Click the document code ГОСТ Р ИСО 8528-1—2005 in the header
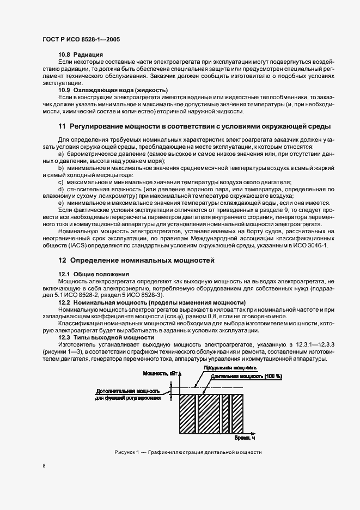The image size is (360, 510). [81, 40]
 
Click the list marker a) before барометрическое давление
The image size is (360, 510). [62, 154]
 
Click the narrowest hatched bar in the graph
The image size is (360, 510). [224, 412]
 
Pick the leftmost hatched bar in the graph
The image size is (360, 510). [187, 412]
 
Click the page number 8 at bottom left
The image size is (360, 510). [44, 465]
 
